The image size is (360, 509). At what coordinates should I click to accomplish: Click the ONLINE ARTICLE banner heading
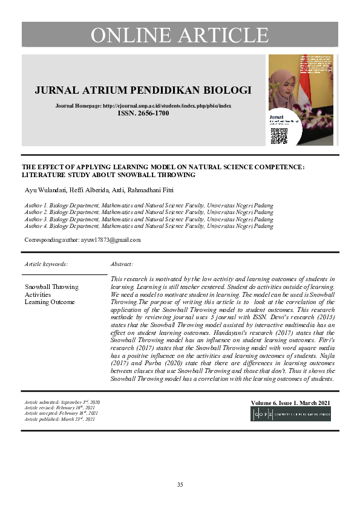click(x=180, y=35)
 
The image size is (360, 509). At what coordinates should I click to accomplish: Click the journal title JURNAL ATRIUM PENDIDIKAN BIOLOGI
click(x=143, y=91)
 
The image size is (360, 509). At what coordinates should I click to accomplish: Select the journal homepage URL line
click(x=143, y=106)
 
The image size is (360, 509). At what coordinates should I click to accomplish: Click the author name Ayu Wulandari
click(x=43, y=191)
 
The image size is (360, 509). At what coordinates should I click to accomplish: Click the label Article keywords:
click(x=46, y=264)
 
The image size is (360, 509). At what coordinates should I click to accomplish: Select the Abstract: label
click(x=122, y=264)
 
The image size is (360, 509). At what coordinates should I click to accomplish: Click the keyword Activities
click(x=38, y=294)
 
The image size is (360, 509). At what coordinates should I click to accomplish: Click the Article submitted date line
click(x=62, y=402)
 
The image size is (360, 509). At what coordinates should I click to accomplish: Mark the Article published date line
click(x=60, y=419)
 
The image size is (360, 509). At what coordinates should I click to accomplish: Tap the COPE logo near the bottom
click(x=291, y=414)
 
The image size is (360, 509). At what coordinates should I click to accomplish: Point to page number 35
click(x=180, y=485)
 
